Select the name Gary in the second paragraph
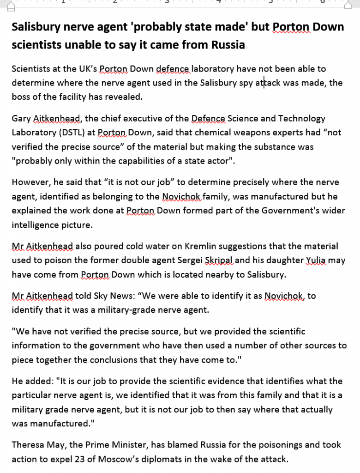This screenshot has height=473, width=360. coord(21,119)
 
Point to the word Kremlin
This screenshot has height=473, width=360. coord(177,246)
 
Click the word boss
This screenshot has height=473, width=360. coord(21,97)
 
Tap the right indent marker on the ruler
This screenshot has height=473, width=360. coord(349,5)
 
